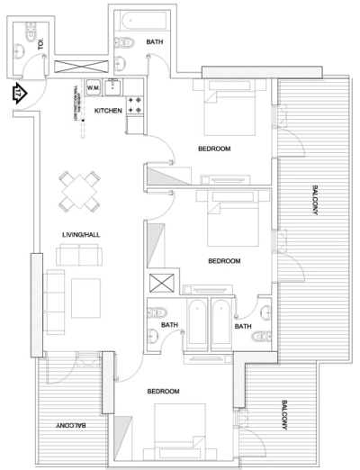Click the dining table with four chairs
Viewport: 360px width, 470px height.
pyautogui.click(x=79, y=190)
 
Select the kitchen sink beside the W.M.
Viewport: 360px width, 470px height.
pyautogui.click(x=115, y=88)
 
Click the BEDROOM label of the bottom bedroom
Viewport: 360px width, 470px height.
pyautogui.click(x=162, y=392)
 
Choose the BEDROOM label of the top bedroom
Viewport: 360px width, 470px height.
pyautogui.click(x=214, y=148)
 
